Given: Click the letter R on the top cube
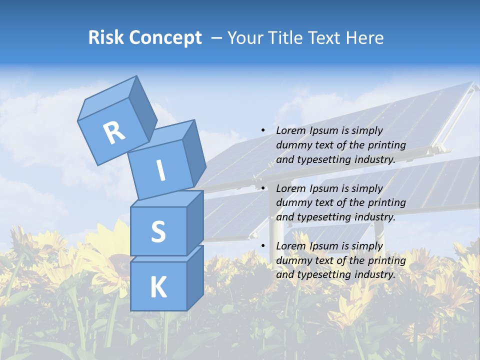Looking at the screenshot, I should (114, 132).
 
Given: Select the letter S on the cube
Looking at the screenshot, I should (158, 231).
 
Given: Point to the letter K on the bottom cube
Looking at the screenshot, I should (158, 287).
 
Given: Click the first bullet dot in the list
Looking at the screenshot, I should (263, 130).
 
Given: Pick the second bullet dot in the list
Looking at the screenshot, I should (263, 188).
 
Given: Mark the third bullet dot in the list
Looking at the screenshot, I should (263, 246).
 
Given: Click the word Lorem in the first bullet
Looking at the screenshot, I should (291, 130).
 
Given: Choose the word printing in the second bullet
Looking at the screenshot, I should (386, 203).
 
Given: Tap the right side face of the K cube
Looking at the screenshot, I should (195, 277).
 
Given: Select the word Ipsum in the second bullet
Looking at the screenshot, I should (326, 188).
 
